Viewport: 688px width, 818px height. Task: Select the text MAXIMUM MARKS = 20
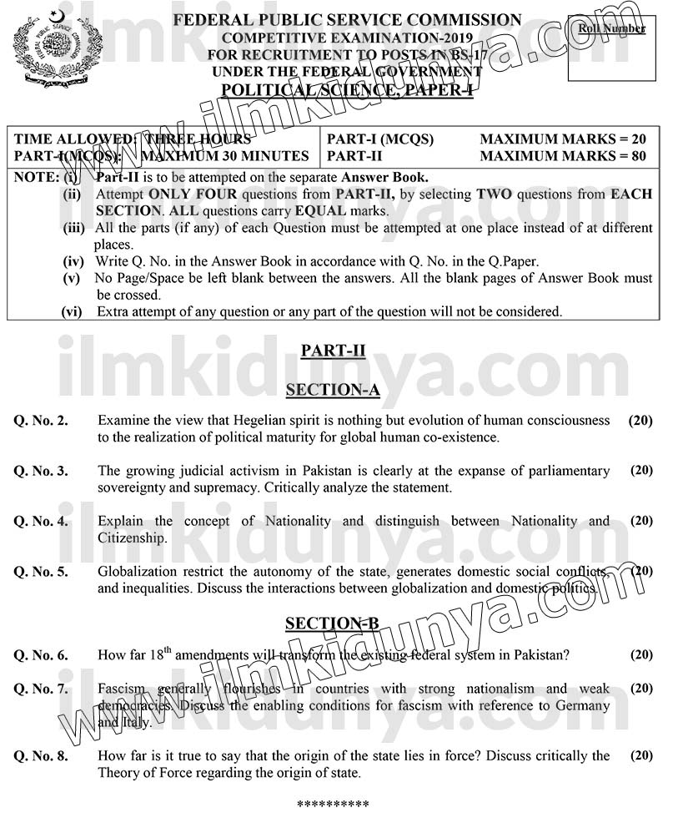click(563, 139)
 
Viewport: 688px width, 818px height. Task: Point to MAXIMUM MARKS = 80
click(563, 156)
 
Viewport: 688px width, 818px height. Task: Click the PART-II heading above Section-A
click(333, 351)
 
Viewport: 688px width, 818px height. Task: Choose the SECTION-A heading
click(332, 390)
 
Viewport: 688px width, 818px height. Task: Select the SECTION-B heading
click(332, 624)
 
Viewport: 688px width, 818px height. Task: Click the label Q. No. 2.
click(41, 421)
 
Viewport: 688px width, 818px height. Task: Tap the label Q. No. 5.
click(41, 572)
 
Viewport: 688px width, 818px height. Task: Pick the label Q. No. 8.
click(41, 756)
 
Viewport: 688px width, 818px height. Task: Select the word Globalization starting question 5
click(136, 572)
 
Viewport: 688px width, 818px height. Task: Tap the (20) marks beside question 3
click(641, 471)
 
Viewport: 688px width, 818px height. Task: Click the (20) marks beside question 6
click(641, 655)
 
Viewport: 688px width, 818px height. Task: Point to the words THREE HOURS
click(197, 139)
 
